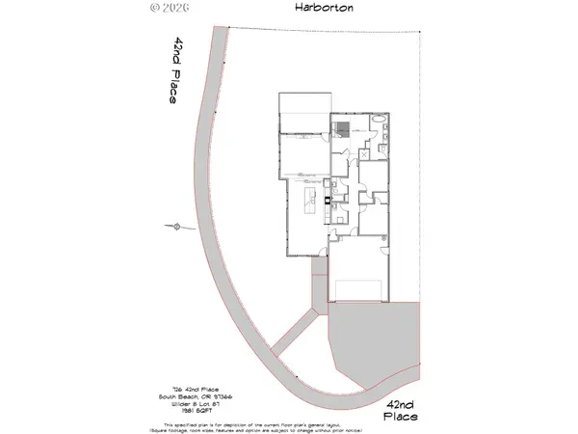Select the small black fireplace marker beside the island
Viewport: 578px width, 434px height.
coord(328,202)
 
